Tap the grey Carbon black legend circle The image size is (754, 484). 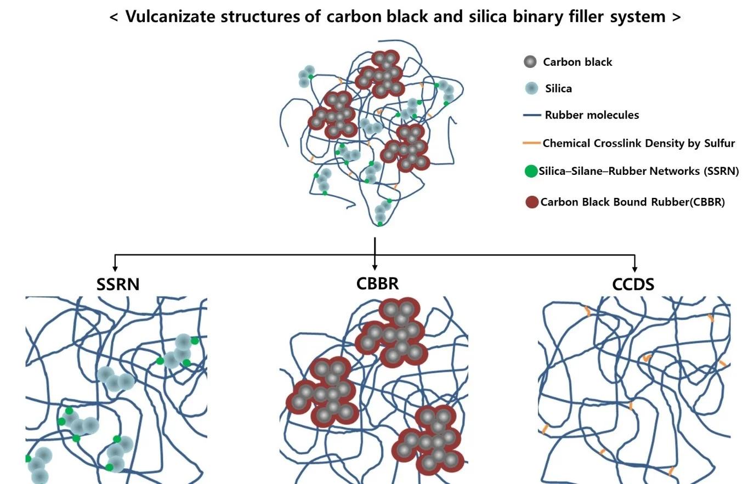[x=530, y=62]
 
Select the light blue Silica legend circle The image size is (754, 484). [x=531, y=88]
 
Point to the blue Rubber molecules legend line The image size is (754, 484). [x=532, y=116]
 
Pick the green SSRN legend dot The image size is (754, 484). [x=531, y=172]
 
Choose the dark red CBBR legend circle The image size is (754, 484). [x=531, y=202]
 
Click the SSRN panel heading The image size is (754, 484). [x=118, y=284]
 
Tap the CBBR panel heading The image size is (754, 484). [x=377, y=283]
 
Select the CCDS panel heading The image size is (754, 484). [x=633, y=284]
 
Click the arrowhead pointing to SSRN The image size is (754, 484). [x=115, y=268]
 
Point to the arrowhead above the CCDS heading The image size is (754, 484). [x=634, y=269]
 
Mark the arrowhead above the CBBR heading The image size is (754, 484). [x=375, y=267]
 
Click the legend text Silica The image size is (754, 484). [x=558, y=89]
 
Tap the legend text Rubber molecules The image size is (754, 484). [x=592, y=115]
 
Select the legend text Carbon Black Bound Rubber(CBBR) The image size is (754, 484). [x=632, y=202]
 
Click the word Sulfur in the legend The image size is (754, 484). [x=719, y=144]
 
